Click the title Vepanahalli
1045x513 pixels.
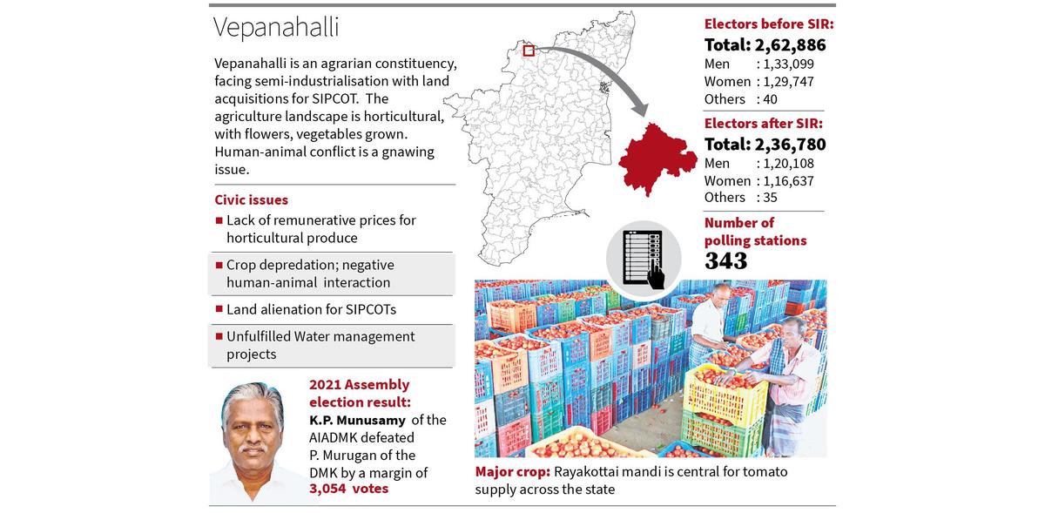tap(276, 27)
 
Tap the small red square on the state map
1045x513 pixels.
tap(529, 51)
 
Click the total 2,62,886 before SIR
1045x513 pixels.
tap(765, 45)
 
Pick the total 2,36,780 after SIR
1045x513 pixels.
tap(765, 144)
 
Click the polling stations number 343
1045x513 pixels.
tap(725, 260)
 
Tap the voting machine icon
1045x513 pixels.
tap(645, 259)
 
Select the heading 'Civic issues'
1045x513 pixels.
tap(251, 199)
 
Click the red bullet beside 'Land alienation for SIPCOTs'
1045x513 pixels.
tap(219, 309)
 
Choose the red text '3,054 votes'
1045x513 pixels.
tap(348, 489)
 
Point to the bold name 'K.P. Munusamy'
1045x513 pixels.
tap(357, 420)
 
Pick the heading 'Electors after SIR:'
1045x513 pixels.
tap(763, 124)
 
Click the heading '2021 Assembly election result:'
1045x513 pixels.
tap(359, 393)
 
